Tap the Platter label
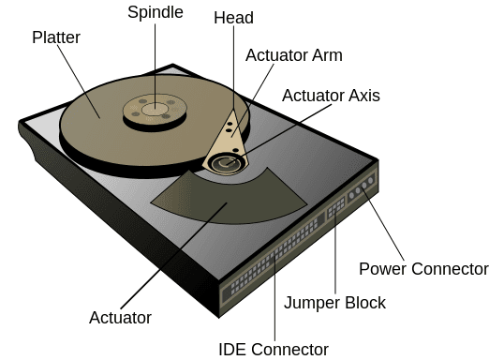(56, 37)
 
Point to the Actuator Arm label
(294, 55)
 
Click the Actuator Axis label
(331, 96)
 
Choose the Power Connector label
(423, 269)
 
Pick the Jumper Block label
(334, 303)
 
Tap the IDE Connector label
(274, 350)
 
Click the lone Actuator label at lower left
(120, 318)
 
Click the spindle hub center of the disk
(156, 111)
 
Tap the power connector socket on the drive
(362, 190)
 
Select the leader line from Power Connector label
(386, 230)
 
